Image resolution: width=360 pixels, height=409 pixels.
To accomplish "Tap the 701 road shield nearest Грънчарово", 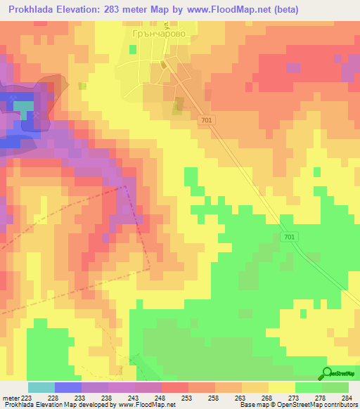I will click(205, 121).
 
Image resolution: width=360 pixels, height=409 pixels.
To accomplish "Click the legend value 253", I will click(188, 398).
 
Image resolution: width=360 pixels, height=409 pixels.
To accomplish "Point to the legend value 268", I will click(269, 398).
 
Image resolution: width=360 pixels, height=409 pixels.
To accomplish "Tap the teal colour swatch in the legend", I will click(41, 387).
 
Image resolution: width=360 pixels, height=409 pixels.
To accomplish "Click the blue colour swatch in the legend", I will click(67, 387).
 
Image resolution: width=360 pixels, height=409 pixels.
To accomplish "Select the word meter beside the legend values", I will click(11, 398).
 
